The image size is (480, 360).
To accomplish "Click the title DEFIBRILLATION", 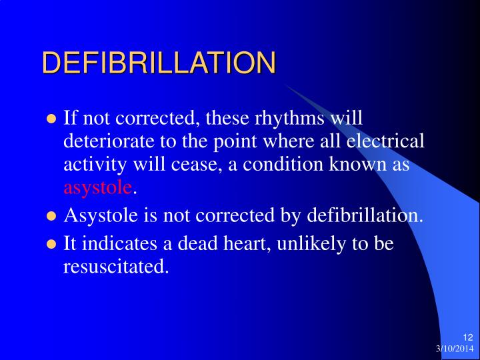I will (x=159, y=63).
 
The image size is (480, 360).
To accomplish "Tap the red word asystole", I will (x=98, y=187).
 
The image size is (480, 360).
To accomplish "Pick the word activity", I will (x=91, y=165).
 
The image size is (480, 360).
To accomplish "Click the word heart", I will (x=245, y=244).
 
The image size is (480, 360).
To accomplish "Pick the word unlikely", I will (x=315, y=244).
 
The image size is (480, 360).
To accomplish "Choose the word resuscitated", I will (x=115, y=267).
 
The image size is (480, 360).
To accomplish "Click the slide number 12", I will (x=467, y=338).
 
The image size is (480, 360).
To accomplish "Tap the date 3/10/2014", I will (x=455, y=349).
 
